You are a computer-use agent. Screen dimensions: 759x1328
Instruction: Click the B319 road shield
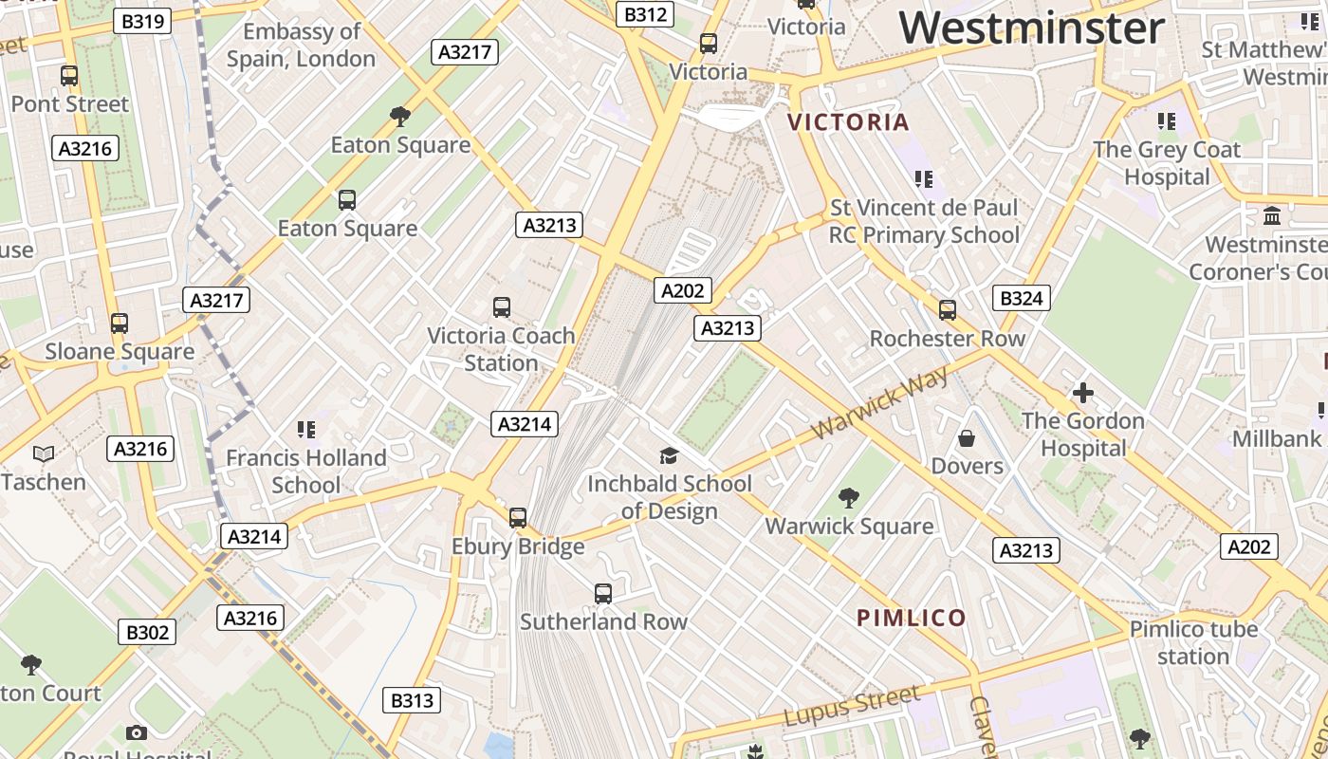click(x=141, y=21)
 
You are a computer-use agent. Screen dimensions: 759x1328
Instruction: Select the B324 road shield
click(x=1021, y=299)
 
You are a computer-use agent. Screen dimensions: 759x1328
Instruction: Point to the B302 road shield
click(x=147, y=632)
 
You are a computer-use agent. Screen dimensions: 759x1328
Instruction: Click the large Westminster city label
click(x=1031, y=28)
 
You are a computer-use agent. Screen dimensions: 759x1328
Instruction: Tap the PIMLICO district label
click(x=911, y=619)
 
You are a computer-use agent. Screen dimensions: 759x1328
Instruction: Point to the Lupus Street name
click(x=854, y=707)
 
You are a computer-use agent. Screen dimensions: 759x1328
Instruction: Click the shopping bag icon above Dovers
click(x=967, y=438)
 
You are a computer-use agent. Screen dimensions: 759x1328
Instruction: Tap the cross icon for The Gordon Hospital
click(x=1082, y=393)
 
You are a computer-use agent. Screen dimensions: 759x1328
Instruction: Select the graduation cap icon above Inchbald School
click(x=669, y=456)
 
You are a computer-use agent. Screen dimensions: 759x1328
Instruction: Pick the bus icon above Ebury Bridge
click(x=517, y=518)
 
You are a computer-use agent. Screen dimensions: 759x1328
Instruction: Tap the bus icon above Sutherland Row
click(x=602, y=594)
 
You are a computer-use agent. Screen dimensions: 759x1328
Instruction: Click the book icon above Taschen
click(x=44, y=454)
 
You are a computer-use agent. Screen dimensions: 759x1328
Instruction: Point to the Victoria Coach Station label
click(x=501, y=349)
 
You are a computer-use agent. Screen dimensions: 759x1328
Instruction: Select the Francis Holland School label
click(x=305, y=472)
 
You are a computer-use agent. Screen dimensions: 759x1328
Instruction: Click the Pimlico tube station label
click(x=1193, y=642)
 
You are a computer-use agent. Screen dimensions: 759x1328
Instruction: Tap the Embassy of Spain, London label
click(x=301, y=45)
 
